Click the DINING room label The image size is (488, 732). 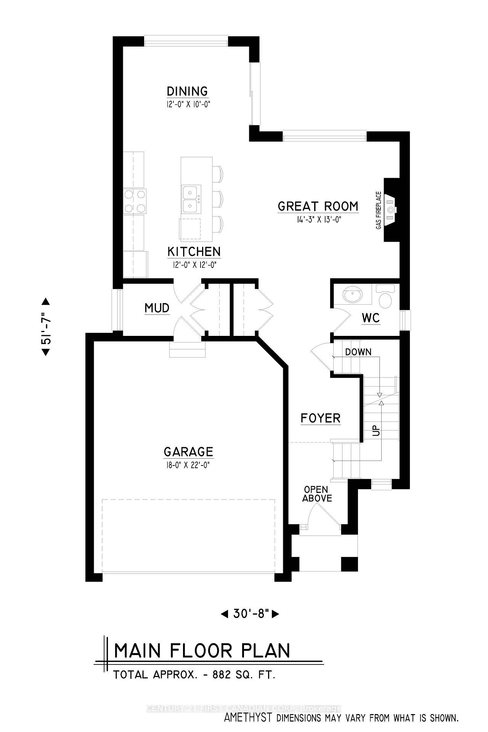click(187, 91)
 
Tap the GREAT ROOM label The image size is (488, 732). click(318, 206)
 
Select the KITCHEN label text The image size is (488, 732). click(194, 252)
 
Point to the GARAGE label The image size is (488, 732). click(188, 452)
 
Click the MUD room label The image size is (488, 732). click(157, 308)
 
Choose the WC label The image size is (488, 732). click(371, 318)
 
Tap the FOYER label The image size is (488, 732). click(320, 418)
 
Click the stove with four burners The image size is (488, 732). click(135, 202)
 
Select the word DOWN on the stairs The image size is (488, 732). click(358, 352)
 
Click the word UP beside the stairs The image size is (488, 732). click(376, 431)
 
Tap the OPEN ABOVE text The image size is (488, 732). click(317, 494)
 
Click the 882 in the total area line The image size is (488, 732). click(222, 675)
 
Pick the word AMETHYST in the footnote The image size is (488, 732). click(248, 718)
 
